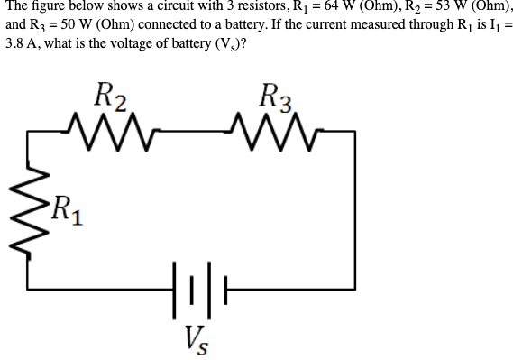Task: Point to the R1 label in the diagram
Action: (66, 214)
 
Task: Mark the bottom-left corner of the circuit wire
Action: (27, 290)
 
